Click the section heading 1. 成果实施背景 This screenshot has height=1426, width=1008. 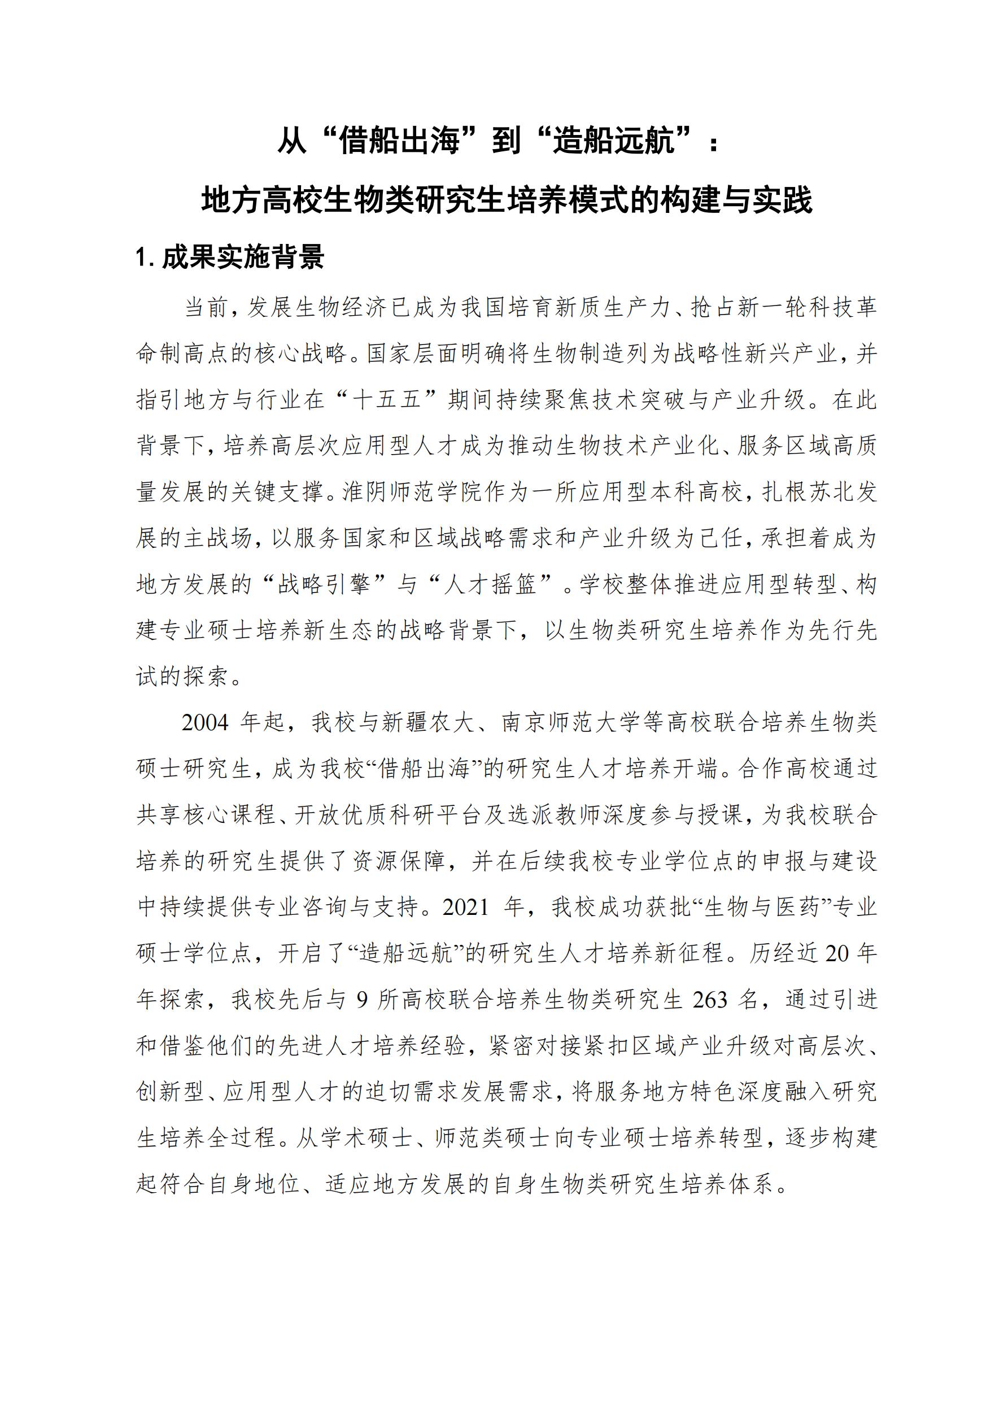pos(230,256)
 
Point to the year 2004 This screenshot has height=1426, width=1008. pos(205,722)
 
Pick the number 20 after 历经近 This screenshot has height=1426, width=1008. pos(836,953)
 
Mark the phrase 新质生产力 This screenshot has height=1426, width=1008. pos(612,307)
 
